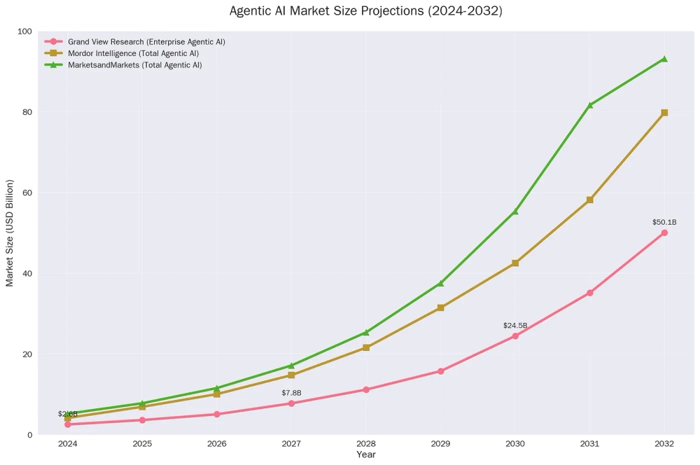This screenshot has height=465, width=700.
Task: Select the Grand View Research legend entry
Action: pos(146,42)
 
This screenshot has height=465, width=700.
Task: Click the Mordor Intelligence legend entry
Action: pos(133,53)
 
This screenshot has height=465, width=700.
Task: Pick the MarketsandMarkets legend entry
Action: pos(134,65)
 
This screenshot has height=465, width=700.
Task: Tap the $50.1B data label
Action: pos(664,223)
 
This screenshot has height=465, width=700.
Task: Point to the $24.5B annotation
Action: pos(515,326)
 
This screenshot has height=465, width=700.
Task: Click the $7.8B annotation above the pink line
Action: pos(291,393)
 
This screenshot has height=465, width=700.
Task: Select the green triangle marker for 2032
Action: pos(664,59)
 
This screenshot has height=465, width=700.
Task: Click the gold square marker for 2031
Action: pos(590,200)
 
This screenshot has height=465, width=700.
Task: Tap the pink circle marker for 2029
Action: pos(440,371)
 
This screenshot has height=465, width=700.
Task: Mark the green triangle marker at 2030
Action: pos(515,211)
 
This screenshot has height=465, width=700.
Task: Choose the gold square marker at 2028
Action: pos(366,347)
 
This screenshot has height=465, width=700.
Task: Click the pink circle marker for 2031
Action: pos(590,293)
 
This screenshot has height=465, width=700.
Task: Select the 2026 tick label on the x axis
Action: pos(217,444)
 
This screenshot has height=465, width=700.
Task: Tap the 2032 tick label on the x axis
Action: pos(664,444)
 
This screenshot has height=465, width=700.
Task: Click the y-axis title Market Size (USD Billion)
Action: pos(10,233)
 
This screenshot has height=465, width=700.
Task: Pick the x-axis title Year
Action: pos(365,455)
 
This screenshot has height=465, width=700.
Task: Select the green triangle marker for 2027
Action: pos(291,366)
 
